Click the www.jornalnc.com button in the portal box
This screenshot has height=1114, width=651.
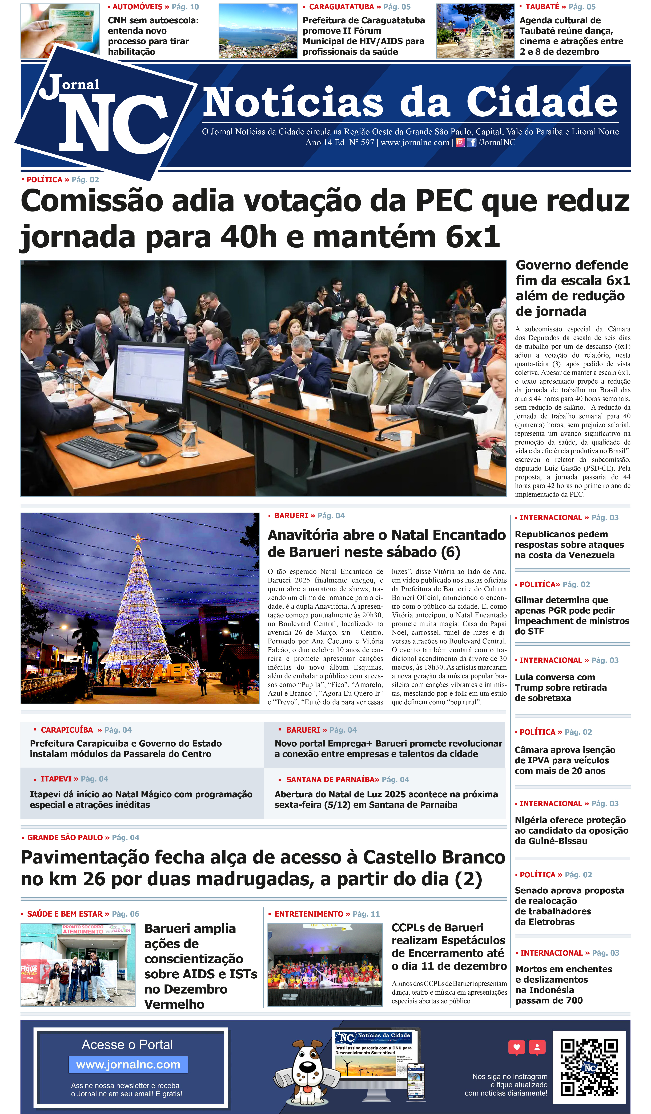pyautogui.click(x=128, y=1065)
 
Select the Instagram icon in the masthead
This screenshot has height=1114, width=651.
pyautogui.click(x=460, y=142)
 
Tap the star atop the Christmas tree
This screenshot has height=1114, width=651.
pyautogui.click(x=138, y=538)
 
